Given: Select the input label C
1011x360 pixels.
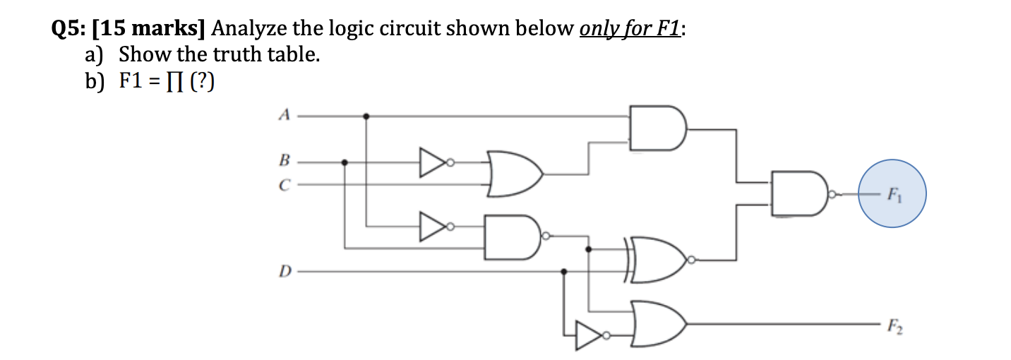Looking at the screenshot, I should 284,185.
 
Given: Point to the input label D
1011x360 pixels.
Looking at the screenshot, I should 284,272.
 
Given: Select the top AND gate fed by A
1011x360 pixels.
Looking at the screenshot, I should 657,128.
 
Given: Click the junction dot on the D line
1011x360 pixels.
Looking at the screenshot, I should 563,272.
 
